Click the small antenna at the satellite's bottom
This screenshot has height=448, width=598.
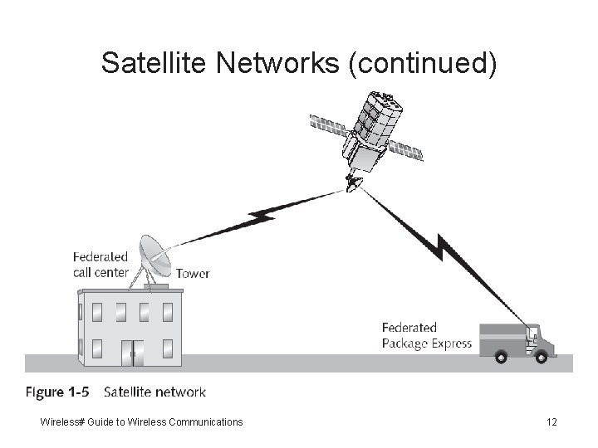(x=355, y=182)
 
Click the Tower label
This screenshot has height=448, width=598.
(x=193, y=273)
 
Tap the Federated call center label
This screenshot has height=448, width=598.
(x=100, y=265)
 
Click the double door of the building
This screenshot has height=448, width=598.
(x=132, y=352)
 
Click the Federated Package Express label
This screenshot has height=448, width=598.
(x=426, y=336)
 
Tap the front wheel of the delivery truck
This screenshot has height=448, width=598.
(x=541, y=357)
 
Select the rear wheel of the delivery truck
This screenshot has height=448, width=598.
(x=501, y=357)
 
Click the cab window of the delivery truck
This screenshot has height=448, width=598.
(x=537, y=334)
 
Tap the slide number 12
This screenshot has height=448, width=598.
(x=552, y=422)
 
